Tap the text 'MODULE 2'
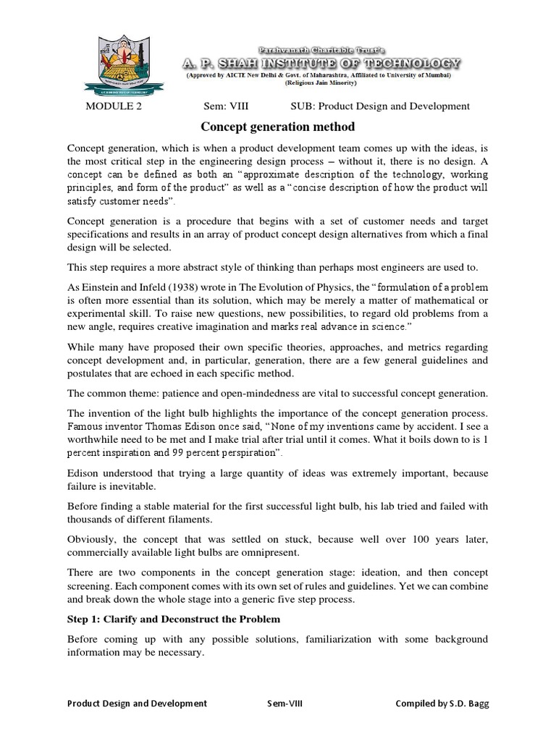click(114, 106)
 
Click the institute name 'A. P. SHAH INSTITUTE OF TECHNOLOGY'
click(321, 64)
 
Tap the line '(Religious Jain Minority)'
click(319, 84)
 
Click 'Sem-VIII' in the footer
click(285, 703)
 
